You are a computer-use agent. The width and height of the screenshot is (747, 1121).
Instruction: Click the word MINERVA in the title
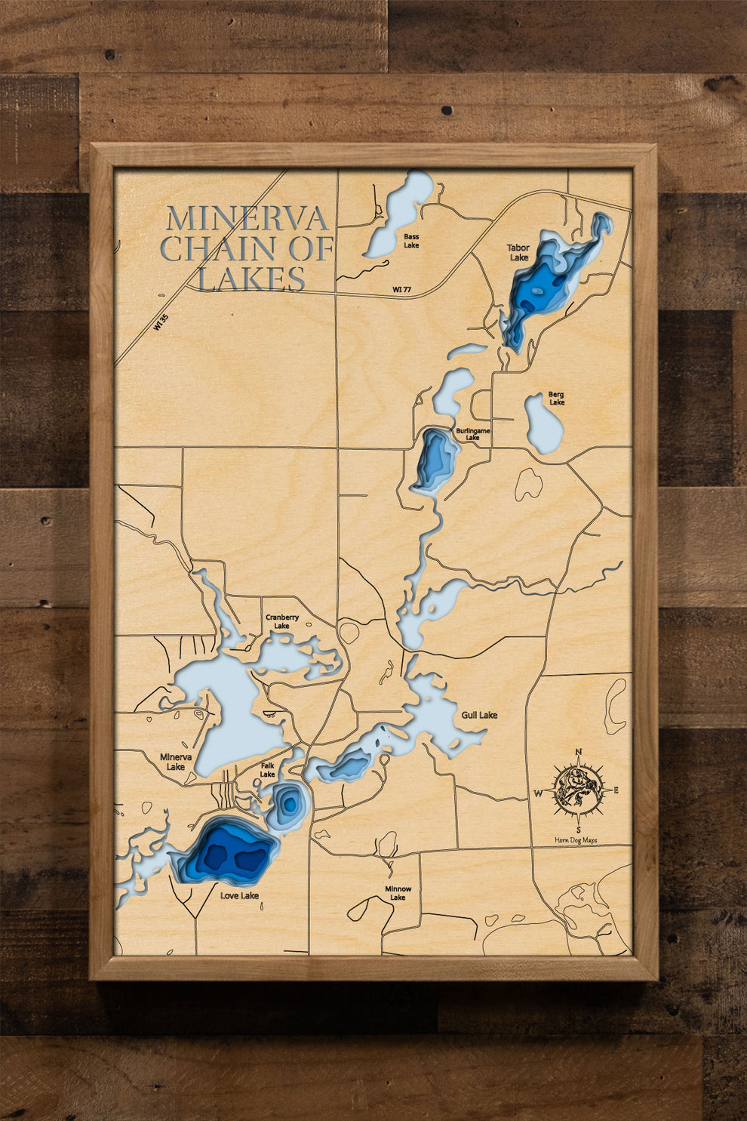(247, 219)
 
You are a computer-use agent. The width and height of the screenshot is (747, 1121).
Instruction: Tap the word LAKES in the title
(251, 279)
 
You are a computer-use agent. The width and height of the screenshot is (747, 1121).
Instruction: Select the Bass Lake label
(411, 241)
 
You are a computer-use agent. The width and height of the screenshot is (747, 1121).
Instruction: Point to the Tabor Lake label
(518, 252)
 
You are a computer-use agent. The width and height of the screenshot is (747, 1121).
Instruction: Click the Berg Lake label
(556, 398)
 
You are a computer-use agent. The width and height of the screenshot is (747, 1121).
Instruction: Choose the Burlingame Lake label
(473, 434)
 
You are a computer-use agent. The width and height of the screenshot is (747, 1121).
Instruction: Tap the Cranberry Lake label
(282, 621)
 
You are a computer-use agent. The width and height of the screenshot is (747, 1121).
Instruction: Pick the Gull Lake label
(479, 714)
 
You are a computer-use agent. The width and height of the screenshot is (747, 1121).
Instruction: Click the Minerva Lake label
(176, 761)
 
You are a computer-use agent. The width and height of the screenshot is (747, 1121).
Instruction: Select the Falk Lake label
(268, 769)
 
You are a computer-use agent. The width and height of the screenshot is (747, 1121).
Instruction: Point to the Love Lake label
(239, 895)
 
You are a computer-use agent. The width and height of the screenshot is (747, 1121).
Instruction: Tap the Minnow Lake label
(398, 893)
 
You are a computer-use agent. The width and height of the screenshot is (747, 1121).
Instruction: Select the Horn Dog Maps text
(576, 840)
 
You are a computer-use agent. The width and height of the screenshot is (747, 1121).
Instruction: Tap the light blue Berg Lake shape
(543, 425)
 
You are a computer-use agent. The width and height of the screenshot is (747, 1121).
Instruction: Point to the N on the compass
(579, 751)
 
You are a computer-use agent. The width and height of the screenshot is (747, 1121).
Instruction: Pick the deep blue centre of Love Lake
(226, 853)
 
